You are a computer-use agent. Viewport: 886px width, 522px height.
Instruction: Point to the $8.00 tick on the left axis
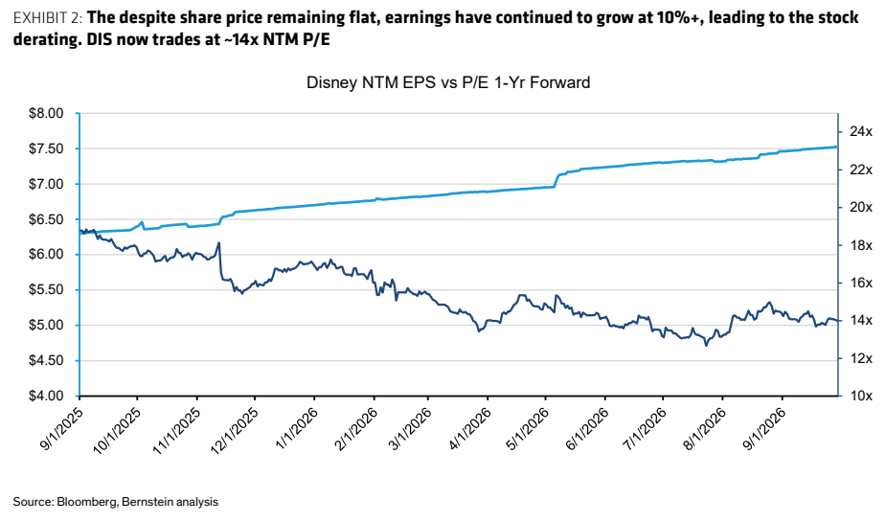point(46,114)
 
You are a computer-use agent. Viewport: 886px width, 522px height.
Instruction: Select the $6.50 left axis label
point(46,219)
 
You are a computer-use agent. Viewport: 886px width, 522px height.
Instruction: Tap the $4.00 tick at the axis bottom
point(46,396)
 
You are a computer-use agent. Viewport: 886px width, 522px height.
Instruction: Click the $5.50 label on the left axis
point(46,290)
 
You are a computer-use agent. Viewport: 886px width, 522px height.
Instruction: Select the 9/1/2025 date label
point(61,429)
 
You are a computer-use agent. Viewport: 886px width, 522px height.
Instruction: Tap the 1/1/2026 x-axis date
point(296,429)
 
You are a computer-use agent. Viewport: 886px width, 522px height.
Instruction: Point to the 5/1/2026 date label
point(527,429)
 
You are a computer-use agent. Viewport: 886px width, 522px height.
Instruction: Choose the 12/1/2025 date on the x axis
point(235,430)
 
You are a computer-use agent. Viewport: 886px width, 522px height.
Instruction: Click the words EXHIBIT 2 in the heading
point(48,18)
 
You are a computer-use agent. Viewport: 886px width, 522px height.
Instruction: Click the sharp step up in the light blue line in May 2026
point(556,180)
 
